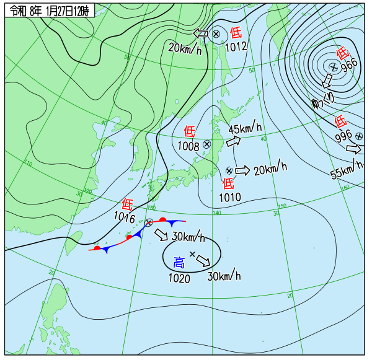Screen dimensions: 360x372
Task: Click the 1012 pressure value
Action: click(x=236, y=46)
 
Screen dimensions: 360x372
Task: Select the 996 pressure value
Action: click(x=343, y=135)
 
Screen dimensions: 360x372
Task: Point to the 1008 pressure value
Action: click(x=188, y=146)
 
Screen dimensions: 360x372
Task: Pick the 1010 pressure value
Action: click(x=229, y=197)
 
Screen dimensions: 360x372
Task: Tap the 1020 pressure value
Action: click(x=179, y=278)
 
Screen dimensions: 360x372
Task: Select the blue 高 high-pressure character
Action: click(x=179, y=262)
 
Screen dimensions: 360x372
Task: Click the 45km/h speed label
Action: click(x=245, y=129)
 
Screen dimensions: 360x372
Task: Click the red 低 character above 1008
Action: click(x=190, y=131)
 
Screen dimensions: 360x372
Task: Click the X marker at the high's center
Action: click(x=192, y=254)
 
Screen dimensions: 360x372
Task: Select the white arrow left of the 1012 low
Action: click(x=201, y=33)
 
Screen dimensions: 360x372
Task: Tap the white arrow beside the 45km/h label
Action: click(x=234, y=142)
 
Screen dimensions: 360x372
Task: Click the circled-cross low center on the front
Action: click(x=149, y=222)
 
